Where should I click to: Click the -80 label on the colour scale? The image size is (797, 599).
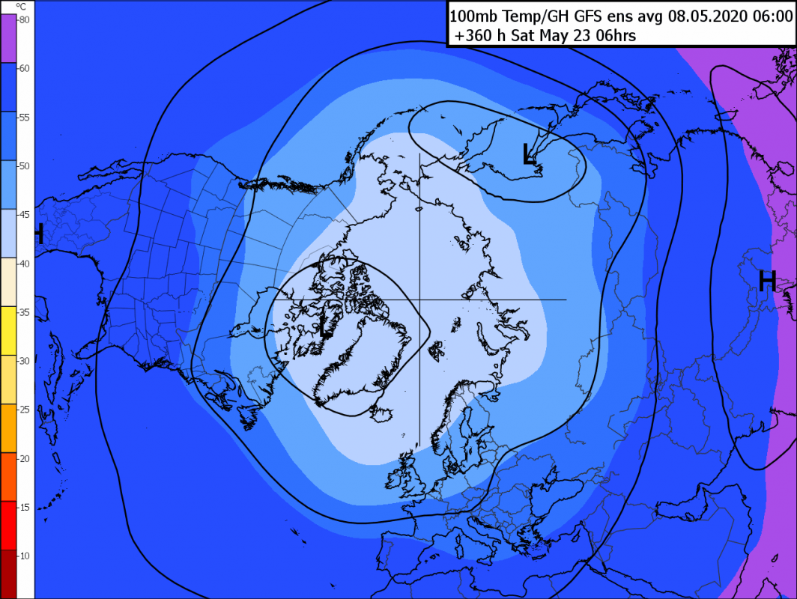pyautogui.click(x=23, y=19)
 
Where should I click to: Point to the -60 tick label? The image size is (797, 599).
pyautogui.click(x=23, y=68)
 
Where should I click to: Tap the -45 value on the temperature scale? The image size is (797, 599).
pyautogui.click(x=23, y=215)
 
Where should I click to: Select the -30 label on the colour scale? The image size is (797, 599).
pyautogui.click(x=23, y=361)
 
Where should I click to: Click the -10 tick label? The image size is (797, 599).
pyautogui.click(x=23, y=556)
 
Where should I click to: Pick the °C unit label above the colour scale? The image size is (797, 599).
pyautogui.click(x=20, y=7)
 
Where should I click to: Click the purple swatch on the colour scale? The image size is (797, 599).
pyautogui.click(x=7, y=37)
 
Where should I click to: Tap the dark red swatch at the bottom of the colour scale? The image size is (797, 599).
pyautogui.click(x=7, y=574)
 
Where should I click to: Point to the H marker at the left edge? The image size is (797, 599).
pyautogui.click(x=39, y=234)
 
